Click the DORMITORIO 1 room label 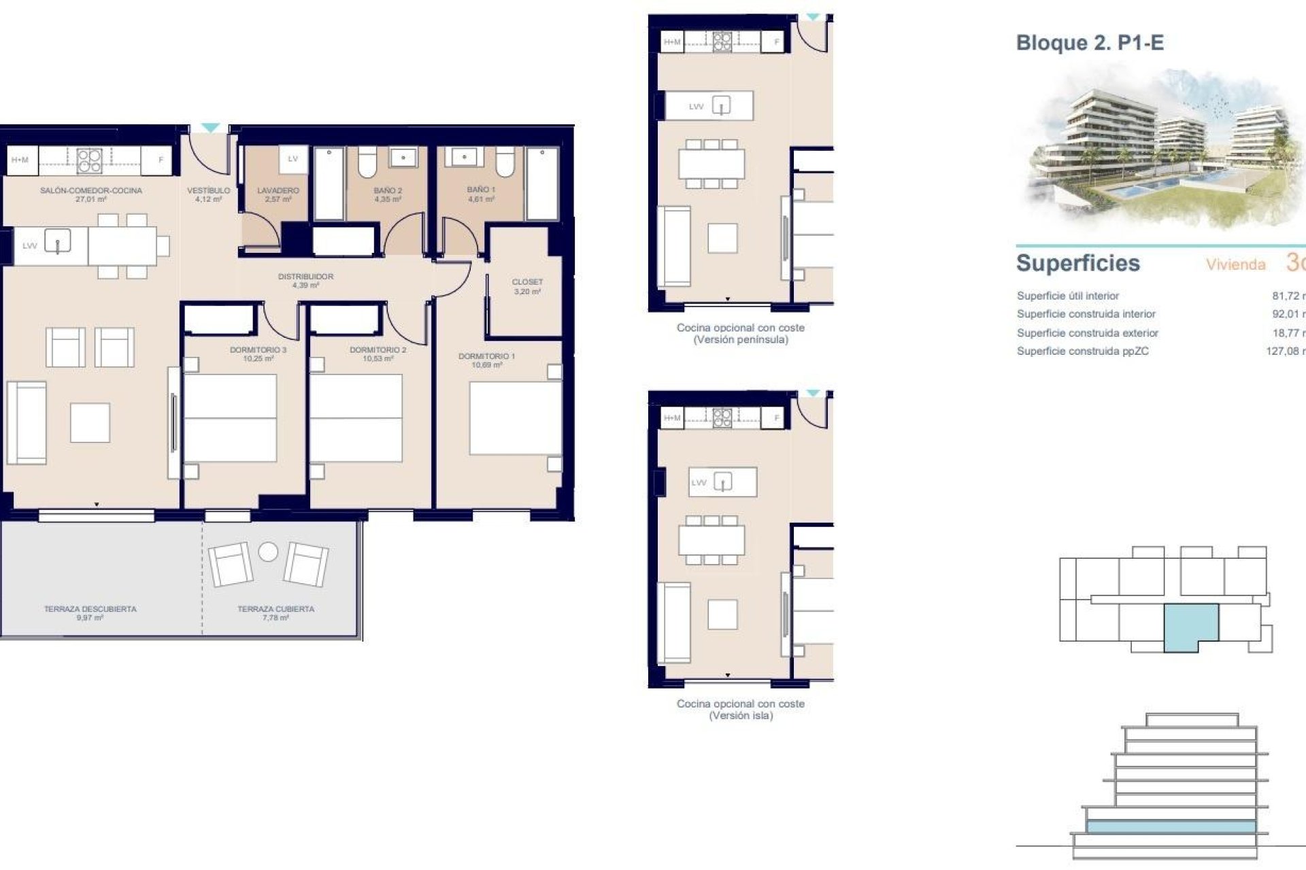[x=486, y=356]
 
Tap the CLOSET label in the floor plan [x=527, y=282]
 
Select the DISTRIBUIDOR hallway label [x=305, y=277]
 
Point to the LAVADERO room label [x=278, y=191]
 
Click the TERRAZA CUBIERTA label [x=275, y=609]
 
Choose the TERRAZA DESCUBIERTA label [x=90, y=609]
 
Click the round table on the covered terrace [x=268, y=552]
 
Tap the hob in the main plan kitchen [x=89, y=160]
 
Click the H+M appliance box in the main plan [x=20, y=160]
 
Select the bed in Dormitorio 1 [x=515, y=418]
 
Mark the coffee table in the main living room [x=90, y=423]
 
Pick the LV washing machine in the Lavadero [x=293, y=160]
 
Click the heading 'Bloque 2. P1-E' [x=1090, y=43]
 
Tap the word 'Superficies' [x=1077, y=263]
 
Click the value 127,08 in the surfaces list [x=1282, y=351]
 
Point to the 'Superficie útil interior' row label [x=1067, y=296]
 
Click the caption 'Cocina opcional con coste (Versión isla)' [x=740, y=710]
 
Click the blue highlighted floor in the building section [x=1170, y=826]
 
